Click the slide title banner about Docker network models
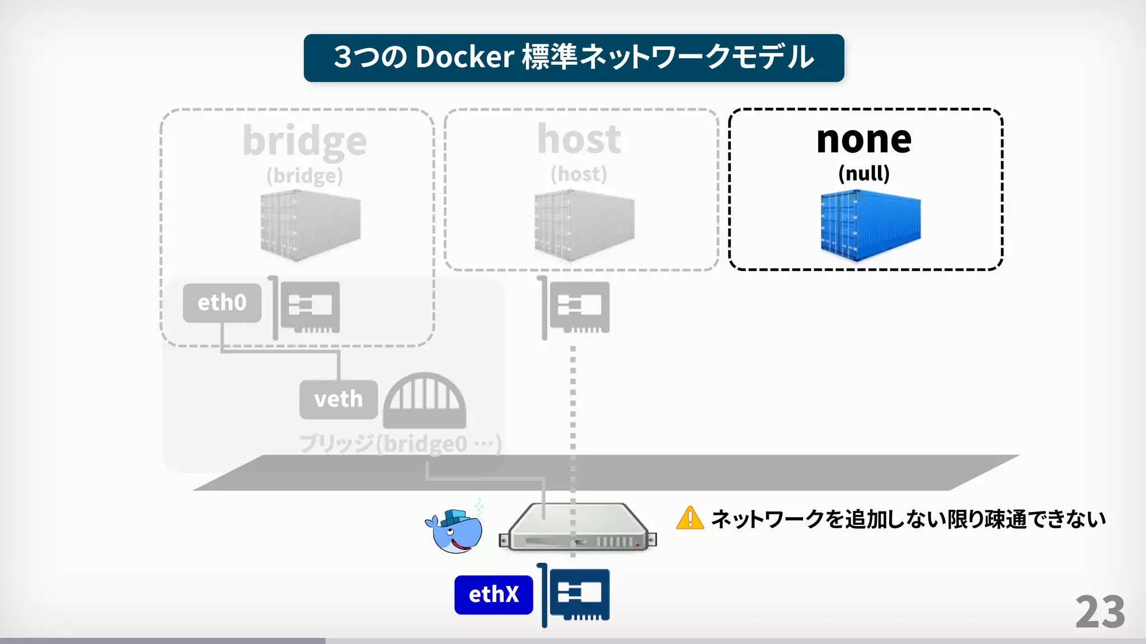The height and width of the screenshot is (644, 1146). click(574, 58)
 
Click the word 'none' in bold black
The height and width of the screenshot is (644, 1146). click(864, 140)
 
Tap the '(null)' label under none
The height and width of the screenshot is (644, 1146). click(863, 173)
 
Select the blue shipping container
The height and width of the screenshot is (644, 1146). click(870, 225)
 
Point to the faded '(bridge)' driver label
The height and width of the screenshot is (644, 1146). click(304, 176)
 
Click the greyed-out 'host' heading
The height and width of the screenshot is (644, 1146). click(579, 140)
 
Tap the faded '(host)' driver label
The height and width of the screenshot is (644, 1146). click(579, 174)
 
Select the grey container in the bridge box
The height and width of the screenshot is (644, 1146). click(311, 225)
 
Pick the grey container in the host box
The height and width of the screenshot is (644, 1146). click(584, 225)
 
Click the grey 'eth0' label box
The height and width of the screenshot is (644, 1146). click(222, 303)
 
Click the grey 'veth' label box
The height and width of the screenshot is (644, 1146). click(339, 400)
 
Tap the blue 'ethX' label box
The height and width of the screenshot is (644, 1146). click(494, 595)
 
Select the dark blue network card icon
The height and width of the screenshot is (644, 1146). click(576, 595)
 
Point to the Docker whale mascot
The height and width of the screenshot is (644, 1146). click(455, 529)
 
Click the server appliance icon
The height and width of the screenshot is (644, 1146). click(577, 528)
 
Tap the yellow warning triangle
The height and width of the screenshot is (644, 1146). click(690, 518)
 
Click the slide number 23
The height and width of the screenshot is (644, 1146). click(1100, 612)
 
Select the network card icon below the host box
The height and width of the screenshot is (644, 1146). click(576, 307)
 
